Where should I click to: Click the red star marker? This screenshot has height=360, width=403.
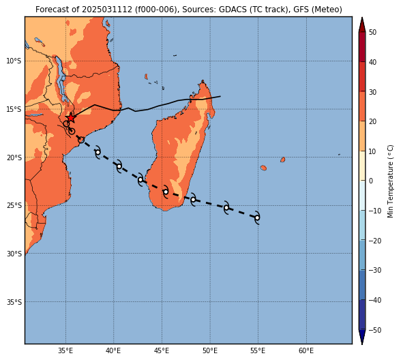[x=71, y=118]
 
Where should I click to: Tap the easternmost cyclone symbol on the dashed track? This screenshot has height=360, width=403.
[x=257, y=218]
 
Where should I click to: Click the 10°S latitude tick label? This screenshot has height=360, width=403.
[x=14, y=61]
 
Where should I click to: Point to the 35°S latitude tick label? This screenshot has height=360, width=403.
[x=14, y=302]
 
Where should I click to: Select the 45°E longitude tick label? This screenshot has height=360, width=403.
[x=162, y=350]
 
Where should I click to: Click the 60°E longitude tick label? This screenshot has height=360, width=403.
[x=306, y=350]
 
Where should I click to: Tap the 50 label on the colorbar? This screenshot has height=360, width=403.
[x=372, y=32]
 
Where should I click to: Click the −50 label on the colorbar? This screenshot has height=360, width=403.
[x=375, y=330]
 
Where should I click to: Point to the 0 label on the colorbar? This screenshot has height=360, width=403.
[x=371, y=181]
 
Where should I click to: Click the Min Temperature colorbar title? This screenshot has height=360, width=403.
[x=390, y=181]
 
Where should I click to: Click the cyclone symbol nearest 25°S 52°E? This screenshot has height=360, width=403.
[x=226, y=208]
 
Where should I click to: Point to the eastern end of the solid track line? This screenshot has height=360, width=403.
[x=220, y=96]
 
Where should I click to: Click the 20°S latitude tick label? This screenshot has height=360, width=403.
[x=14, y=157]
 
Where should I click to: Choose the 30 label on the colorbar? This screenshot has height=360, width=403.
[x=372, y=92]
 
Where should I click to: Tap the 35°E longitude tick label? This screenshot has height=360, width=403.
[x=65, y=350]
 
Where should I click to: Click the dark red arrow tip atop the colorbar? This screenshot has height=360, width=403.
[x=362, y=18]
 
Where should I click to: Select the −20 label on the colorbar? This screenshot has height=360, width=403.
[x=375, y=241]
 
